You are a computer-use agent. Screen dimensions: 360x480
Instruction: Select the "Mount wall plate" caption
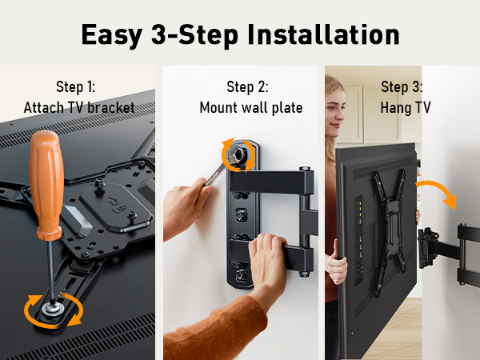click(x=250, y=108)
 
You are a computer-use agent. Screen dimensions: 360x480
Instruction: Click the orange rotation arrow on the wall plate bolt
click(x=239, y=156)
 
